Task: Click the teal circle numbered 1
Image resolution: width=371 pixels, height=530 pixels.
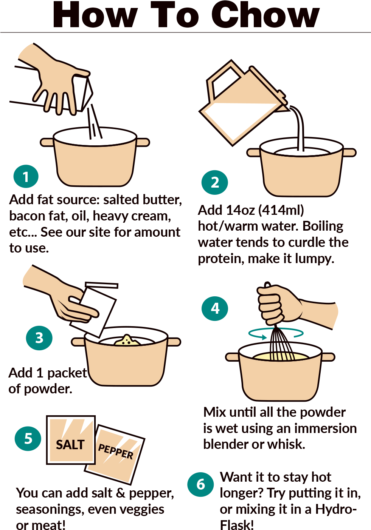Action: (26, 177)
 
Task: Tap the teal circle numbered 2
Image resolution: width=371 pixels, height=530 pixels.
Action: (214, 182)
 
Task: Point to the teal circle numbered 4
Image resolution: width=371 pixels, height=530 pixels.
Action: (215, 308)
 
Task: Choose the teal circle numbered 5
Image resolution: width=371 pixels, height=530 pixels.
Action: (28, 438)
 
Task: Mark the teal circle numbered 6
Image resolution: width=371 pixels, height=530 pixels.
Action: (200, 484)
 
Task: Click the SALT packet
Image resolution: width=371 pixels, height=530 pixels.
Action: (71, 440)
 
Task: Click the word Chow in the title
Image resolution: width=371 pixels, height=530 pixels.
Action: (265, 15)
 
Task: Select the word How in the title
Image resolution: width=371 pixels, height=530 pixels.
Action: (95, 15)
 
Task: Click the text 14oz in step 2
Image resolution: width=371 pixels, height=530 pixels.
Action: (241, 210)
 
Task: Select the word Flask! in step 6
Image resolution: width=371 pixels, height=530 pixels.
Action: (237, 525)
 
